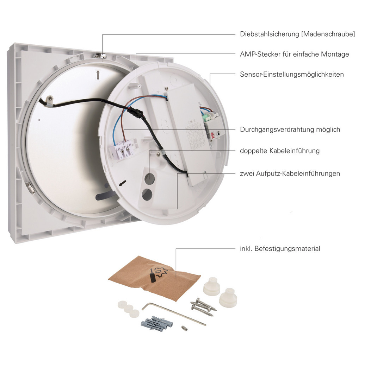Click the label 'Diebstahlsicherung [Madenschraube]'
[297, 34]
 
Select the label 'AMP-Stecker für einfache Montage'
[294, 54]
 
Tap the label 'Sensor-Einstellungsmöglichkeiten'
[292, 74]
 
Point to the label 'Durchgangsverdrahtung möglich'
[290, 129]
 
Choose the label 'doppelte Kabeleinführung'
[280, 151]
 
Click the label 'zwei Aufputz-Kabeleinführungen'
[290, 173]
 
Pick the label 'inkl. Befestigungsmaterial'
[280, 249]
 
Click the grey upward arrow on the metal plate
[98, 75]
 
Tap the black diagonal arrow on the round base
[123, 183]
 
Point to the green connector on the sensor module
[207, 117]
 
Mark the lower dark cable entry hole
[147, 195]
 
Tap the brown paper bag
[154, 278]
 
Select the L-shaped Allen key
[174, 313]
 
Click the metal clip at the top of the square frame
[100, 56]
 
